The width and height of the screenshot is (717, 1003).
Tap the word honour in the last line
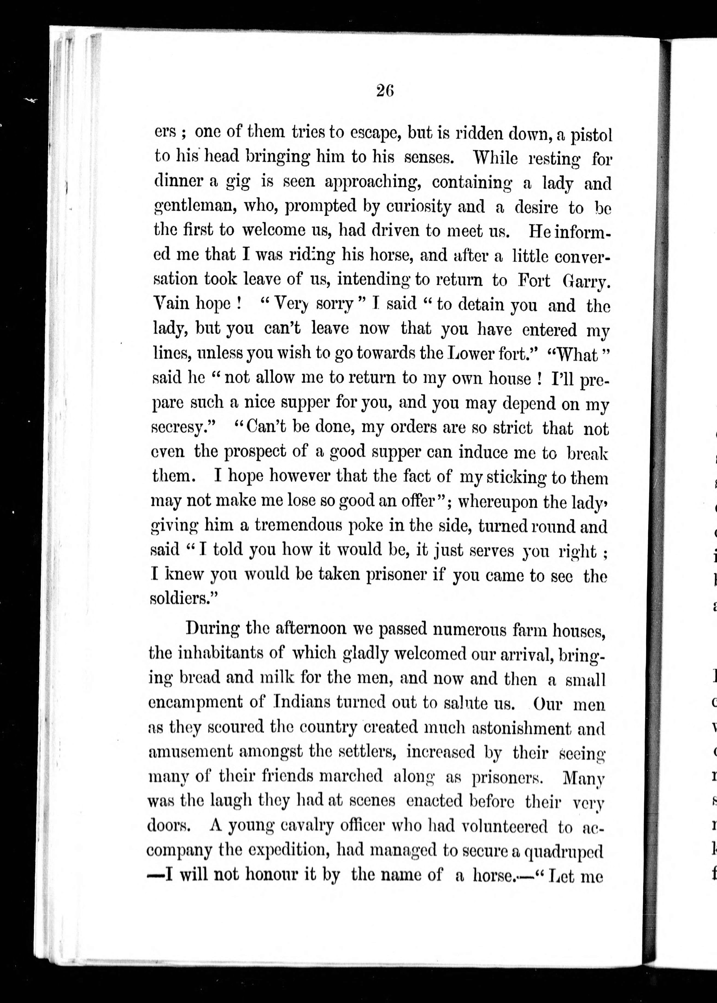click(x=272, y=875)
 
